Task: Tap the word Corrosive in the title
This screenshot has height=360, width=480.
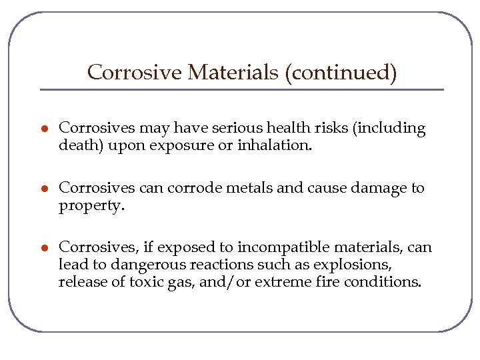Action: [134, 72]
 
